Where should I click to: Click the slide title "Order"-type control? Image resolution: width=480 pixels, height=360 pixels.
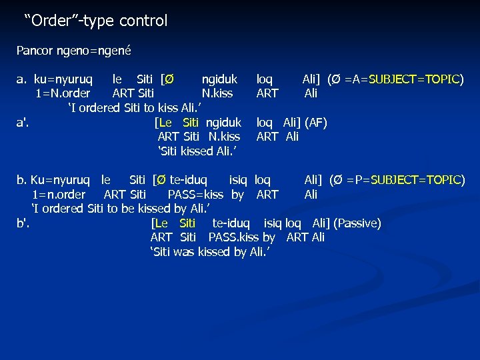[x=96, y=21]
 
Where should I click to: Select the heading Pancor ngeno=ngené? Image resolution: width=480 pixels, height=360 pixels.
[x=74, y=50]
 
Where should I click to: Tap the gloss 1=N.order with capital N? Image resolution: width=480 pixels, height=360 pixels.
[x=63, y=93]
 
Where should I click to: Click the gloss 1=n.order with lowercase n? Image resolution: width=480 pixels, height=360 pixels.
[x=59, y=195]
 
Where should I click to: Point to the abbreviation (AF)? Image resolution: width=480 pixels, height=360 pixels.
[x=315, y=123]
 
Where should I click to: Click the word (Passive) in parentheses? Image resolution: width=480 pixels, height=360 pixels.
[x=357, y=223]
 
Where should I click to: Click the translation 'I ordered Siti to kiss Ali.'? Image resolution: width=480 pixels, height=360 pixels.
[x=135, y=108]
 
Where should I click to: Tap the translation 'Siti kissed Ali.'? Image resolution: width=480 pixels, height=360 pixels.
[x=198, y=151]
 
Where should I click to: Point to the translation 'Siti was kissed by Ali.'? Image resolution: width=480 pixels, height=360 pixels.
[x=211, y=252]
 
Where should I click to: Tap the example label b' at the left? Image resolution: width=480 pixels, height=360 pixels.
[x=23, y=223]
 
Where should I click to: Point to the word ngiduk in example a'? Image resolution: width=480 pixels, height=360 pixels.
[x=223, y=123]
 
